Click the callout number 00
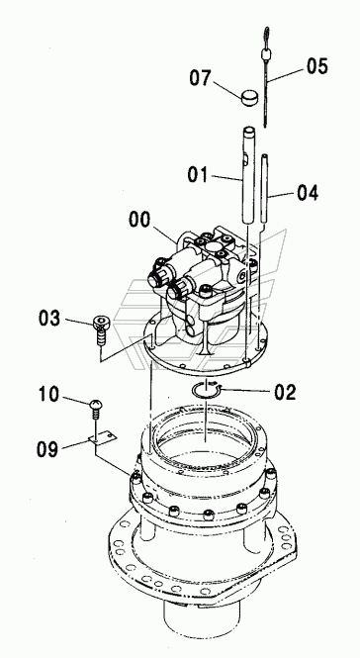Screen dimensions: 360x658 (139, 220)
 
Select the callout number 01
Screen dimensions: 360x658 (198, 174)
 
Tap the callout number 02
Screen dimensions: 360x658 (285, 392)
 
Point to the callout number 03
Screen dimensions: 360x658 (49, 319)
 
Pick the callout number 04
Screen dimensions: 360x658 (308, 193)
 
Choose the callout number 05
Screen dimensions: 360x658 (317, 66)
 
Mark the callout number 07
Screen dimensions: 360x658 (200, 78)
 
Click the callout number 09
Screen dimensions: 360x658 (47, 449)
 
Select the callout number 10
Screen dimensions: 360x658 (49, 394)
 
